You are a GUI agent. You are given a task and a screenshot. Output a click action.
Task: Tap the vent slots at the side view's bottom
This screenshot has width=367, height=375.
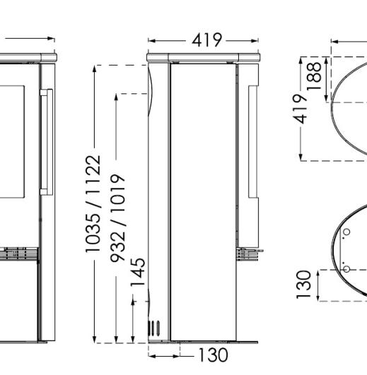(153, 327)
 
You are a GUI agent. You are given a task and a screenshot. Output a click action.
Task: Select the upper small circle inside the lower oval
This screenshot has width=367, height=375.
(346, 232)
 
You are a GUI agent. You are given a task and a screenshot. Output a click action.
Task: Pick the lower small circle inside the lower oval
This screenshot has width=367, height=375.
(346, 268)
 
